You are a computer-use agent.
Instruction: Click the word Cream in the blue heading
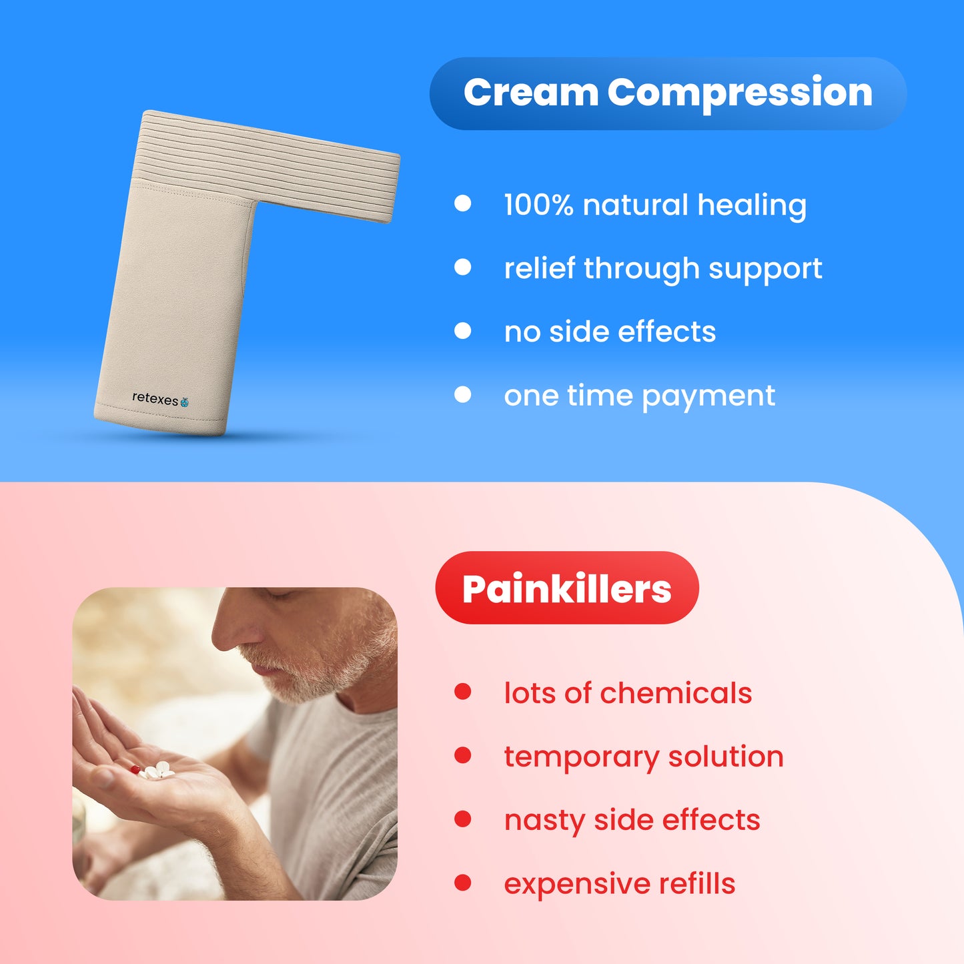(x=530, y=93)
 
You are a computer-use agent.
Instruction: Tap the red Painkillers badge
(x=566, y=588)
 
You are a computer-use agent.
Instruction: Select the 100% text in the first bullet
(x=538, y=205)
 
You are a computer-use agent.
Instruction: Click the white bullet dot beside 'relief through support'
(x=462, y=268)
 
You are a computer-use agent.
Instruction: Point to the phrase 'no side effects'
(x=610, y=332)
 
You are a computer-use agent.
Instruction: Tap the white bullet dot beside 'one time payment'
(x=462, y=395)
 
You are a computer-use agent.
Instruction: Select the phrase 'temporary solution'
(x=644, y=757)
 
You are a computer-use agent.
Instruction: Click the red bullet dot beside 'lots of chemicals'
(x=462, y=692)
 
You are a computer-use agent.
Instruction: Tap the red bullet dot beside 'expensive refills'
(x=462, y=883)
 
